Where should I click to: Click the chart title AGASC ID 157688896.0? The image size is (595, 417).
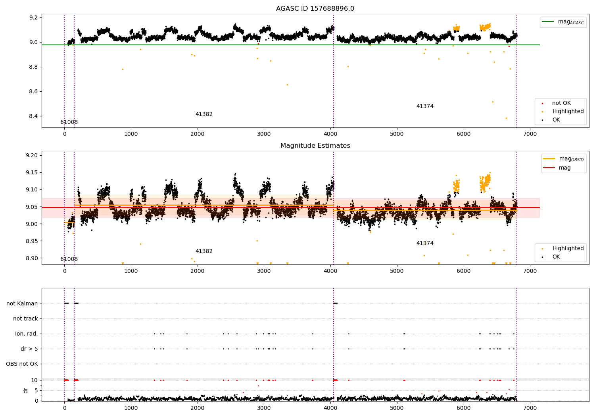315,8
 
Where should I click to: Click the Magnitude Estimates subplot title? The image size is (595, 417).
315,145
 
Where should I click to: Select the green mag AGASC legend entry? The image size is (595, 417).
563,22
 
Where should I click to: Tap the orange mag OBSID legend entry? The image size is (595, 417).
563,159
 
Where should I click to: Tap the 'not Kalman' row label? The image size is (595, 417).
22,303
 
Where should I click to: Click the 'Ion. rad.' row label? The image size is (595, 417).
26,334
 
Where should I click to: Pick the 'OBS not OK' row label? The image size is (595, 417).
22,364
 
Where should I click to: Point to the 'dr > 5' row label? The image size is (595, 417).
29,349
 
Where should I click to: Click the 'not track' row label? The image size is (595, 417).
25,319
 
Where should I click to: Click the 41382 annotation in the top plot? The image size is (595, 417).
204,114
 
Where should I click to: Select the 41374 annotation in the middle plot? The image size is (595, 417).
425,243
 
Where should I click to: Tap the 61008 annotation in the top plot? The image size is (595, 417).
69,122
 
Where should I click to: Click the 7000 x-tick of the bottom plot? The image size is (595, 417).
530,408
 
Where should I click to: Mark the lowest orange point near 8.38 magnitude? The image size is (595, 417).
506,118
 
